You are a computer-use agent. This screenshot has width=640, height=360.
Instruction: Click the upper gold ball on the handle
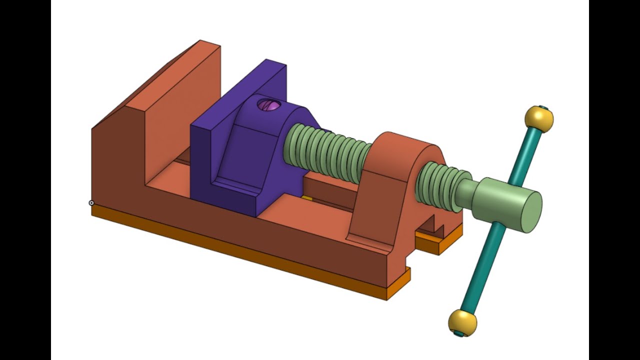[x=539, y=119]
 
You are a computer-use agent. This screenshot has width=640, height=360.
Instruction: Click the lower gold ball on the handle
[x=462, y=322]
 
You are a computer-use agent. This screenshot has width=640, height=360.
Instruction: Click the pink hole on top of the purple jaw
[x=270, y=105]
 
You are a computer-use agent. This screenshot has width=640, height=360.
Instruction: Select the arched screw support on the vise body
[x=395, y=190]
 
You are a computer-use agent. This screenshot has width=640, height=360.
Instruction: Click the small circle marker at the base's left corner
[x=91, y=202]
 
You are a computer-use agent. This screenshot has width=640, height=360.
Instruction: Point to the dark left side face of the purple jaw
[x=203, y=165]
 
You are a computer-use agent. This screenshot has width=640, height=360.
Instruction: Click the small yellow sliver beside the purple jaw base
[x=307, y=198]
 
